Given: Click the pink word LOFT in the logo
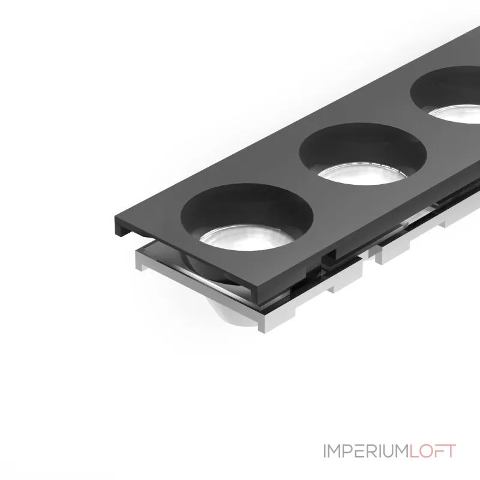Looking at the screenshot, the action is [433, 451].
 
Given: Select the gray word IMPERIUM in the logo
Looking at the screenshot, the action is [367, 451].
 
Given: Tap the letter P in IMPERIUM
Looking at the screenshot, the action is [349, 451].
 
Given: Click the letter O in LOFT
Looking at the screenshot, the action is [427, 451].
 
